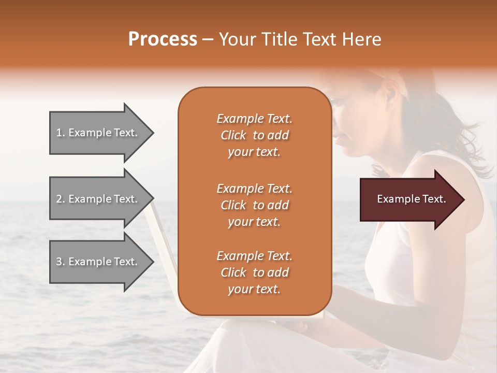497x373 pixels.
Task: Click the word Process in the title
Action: click(163, 39)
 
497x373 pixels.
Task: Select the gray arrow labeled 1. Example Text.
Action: click(101, 133)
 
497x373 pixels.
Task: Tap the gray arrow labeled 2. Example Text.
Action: click(101, 199)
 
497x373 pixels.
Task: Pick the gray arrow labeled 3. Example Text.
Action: click(101, 262)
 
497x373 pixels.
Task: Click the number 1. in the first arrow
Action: click(61, 133)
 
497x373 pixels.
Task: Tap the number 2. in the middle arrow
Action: click(61, 199)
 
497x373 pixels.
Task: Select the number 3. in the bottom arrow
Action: click(61, 262)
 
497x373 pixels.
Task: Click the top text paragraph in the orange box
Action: click(254, 135)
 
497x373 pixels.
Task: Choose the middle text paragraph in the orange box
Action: click(254, 205)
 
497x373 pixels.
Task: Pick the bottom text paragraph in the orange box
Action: click(254, 272)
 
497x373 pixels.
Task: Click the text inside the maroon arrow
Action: click(411, 199)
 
